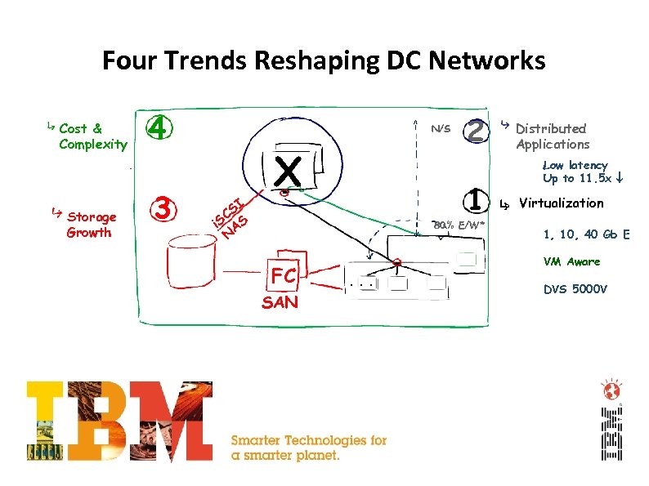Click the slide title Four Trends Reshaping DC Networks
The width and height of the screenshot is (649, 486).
coord(324,60)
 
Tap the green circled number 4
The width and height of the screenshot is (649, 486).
coord(160,128)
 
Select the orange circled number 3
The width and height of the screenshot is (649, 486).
coord(163,209)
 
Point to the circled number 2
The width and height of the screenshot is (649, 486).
coord(476,129)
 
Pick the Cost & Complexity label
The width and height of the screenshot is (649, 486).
coord(92,136)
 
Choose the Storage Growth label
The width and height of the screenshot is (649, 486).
coord(92,225)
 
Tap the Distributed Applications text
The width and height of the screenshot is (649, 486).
coord(552,136)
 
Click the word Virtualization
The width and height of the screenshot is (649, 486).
coord(561,203)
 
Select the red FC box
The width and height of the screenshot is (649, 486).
coord(284,276)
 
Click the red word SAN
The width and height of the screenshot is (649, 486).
coord(280,303)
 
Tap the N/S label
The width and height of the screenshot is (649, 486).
coord(441,129)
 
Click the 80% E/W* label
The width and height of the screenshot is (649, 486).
coord(459,225)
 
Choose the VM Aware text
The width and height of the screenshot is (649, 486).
coord(571,262)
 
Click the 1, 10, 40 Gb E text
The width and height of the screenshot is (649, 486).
coord(586,235)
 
